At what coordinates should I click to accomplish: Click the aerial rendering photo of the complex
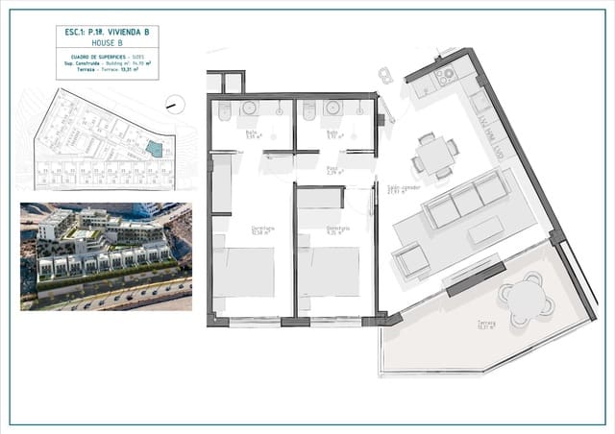coord(106,256)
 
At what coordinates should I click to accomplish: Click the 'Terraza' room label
coord(486,325)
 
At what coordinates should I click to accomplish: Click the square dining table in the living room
coord(435,154)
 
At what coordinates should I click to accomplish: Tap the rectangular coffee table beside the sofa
coord(485,231)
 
